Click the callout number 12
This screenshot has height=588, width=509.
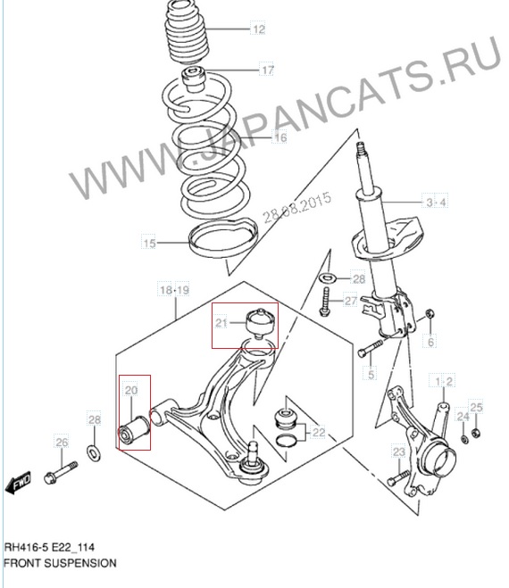click(258, 29)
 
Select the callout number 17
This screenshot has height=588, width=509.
click(268, 70)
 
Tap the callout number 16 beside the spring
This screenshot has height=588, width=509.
click(280, 137)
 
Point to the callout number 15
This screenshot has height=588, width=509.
click(149, 243)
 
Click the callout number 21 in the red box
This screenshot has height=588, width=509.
click(221, 322)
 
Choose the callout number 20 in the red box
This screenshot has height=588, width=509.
click(131, 391)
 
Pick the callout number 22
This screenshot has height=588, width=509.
click(319, 433)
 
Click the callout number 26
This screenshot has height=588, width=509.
click(62, 443)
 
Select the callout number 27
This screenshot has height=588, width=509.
click(351, 301)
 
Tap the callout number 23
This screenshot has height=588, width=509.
click(398, 451)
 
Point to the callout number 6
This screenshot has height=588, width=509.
click(431, 342)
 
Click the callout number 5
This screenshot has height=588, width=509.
click(371, 374)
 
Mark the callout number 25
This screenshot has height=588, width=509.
click(476, 407)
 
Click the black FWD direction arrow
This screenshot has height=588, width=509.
click(18, 484)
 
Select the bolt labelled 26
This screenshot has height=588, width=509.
click(61, 473)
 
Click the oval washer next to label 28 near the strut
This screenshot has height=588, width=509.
click(328, 278)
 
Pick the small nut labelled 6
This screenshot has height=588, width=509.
click(430, 313)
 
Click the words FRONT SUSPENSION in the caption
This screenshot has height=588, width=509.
click(60, 563)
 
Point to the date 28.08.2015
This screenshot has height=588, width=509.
click(296, 207)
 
